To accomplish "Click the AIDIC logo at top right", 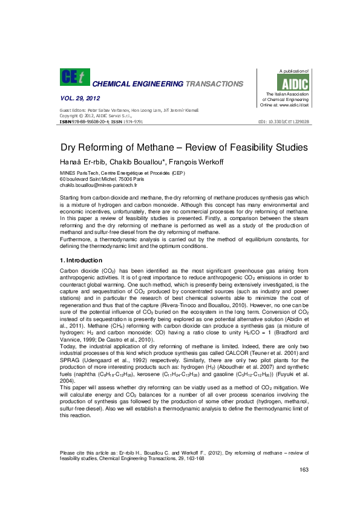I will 296,83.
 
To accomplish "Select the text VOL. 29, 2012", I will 80,98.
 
